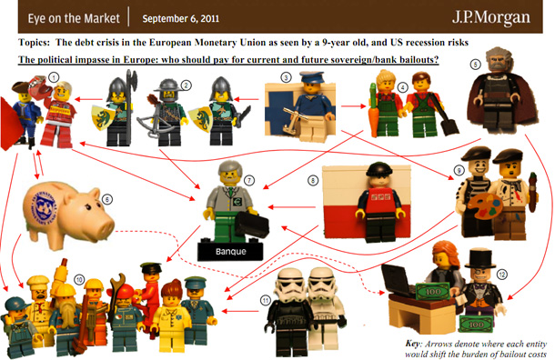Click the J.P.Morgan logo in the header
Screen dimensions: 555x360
point(491,17)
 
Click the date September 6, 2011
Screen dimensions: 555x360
point(180,19)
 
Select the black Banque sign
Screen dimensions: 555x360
point(230,252)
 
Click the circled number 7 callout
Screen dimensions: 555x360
point(249,181)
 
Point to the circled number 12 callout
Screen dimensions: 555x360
point(501,274)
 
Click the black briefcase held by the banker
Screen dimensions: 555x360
point(251,225)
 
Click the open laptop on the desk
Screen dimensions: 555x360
point(396,279)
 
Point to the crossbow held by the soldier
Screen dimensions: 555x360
point(156,120)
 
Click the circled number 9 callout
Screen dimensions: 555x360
point(459,171)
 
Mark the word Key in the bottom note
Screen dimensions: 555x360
point(413,344)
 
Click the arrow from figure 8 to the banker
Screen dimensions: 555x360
point(292,207)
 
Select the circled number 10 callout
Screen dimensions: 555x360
point(79,280)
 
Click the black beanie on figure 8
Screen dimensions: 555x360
point(379,170)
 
